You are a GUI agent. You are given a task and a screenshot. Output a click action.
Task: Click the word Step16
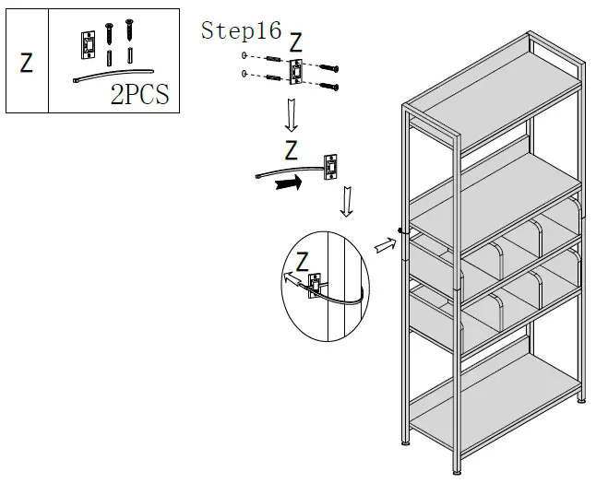coord(241,30)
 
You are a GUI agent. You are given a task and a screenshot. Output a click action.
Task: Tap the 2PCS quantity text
coord(140,94)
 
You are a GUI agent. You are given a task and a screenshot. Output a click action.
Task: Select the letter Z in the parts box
coord(27,63)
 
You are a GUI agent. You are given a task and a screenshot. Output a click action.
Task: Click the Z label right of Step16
coord(295,42)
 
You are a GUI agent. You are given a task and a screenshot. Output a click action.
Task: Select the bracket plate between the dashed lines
coord(298,72)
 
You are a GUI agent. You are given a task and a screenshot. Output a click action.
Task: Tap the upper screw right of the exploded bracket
coord(330,67)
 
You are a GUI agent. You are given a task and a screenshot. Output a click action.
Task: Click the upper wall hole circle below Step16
coord(244,57)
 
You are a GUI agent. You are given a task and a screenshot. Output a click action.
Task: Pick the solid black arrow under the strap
coord(288,183)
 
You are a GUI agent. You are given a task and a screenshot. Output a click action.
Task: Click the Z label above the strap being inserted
coord(291,149)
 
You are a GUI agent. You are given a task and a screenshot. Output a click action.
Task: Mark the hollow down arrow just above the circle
coord(346,203)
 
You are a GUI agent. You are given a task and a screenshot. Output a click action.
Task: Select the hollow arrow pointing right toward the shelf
coord(383,244)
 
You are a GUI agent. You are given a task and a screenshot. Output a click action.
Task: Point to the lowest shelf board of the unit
coord(499,409)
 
